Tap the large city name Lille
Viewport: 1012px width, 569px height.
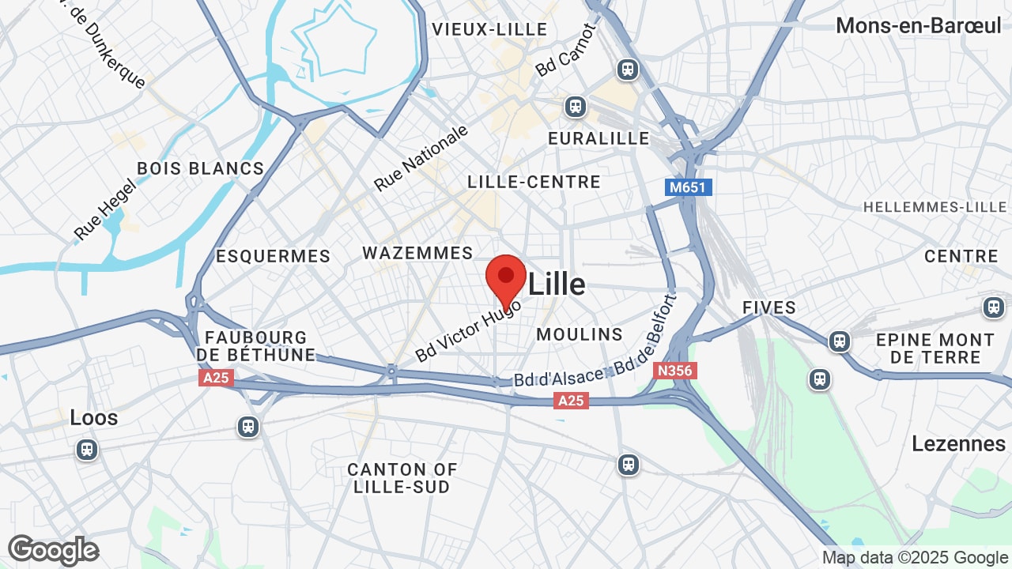coord(557,284)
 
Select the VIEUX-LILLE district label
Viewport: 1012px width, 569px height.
coord(489,29)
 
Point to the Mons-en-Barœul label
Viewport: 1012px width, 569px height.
coord(919,25)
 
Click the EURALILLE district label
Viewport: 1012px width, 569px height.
coord(599,138)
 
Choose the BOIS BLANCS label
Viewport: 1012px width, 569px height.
coord(201,168)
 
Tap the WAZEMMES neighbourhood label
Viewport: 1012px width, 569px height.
coord(417,253)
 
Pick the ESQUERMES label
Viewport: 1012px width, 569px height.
coord(273,256)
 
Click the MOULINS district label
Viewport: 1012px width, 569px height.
coord(580,334)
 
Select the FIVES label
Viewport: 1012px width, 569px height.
coord(769,307)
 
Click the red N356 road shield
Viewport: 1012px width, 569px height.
coord(675,370)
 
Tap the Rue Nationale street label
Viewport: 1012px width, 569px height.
coord(421,158)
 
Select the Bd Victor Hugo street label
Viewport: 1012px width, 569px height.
coord(468,330)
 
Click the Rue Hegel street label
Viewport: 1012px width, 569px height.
coord(106,209)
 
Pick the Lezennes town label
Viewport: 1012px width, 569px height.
coord(958,443)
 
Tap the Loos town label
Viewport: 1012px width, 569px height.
coord(94,417)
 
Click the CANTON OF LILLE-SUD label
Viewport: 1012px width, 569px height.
coord(402,478)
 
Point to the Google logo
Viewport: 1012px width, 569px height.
coord(54,550)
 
